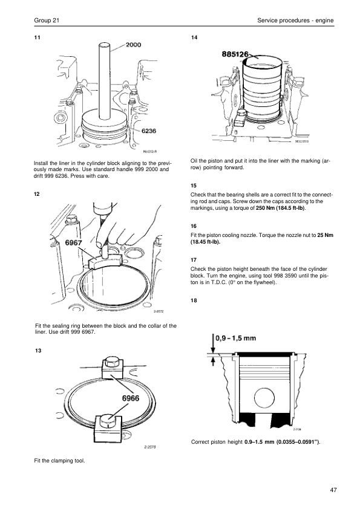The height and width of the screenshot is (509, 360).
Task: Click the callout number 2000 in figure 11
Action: pos(133,45)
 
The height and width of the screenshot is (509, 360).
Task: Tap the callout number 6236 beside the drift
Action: pos(148,131)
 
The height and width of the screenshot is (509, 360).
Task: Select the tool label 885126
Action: pos(235,54)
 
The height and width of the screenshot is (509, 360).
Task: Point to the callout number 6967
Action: pos(74,242)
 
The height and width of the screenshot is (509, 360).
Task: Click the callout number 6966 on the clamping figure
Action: pos(131,398)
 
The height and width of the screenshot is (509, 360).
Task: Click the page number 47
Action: pos(333,490)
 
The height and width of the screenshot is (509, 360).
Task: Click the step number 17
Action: pos(194,260)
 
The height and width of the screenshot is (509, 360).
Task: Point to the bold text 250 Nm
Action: pos(265,208)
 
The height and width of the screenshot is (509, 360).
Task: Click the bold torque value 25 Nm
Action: pos(326,235)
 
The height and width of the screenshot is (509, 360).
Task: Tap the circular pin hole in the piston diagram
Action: pos(264,398)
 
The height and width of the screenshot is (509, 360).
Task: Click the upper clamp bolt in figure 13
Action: pos(113,361)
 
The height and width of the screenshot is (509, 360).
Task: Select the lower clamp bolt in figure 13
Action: pos(108,421)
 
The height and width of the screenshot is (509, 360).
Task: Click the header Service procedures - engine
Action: pos(295,21)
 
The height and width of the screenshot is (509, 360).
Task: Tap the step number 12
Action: pos(37,194)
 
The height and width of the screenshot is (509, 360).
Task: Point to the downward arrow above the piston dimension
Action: pos(213,343)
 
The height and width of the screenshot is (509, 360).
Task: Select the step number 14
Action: pos(194,37)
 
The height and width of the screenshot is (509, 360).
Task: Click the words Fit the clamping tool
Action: pos(59,461)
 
